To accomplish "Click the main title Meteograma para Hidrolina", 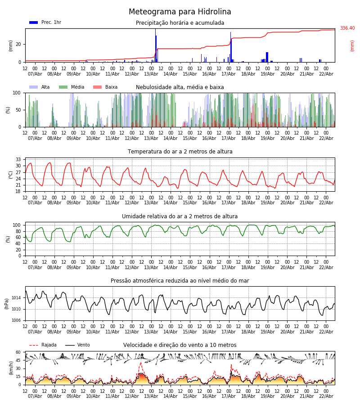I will [180, 12].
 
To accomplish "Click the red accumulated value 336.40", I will [347, 28].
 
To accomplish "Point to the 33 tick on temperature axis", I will [18, 160].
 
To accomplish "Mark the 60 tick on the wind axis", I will [18, 352].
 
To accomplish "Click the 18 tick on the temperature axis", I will [18, 192].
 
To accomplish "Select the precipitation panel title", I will [180, 23].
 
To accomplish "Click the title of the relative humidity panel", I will [180, 216].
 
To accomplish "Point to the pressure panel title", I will [180, 281].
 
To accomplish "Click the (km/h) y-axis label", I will [11, 368].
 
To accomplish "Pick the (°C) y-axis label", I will [11, 175].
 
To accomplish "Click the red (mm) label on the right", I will [352, 45].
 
